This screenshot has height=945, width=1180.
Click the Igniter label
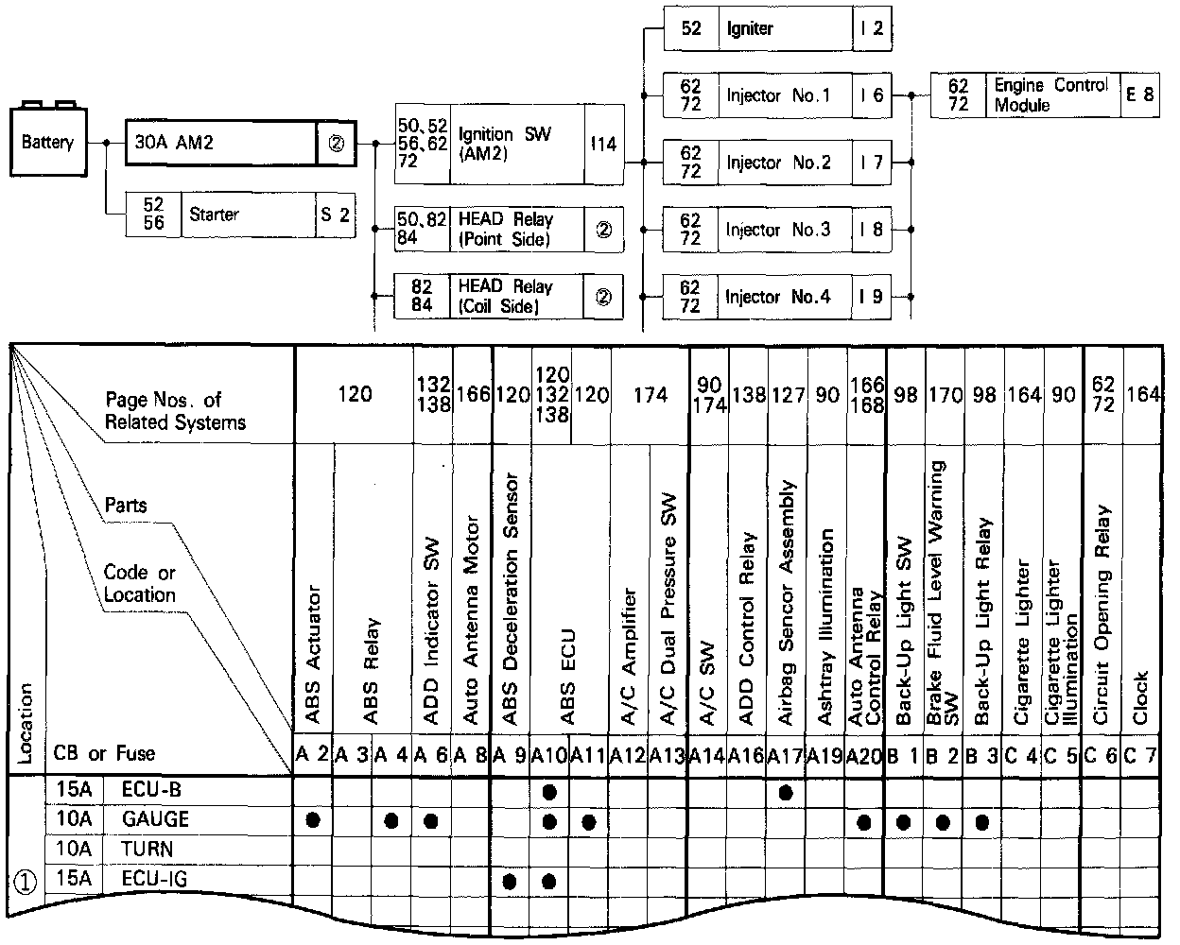coord(750,28)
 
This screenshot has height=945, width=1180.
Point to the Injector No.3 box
coord(777,230)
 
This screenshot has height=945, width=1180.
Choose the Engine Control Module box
coord(1045,95)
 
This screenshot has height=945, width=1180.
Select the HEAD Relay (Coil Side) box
coord(509,297)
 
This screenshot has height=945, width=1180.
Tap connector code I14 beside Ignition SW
coord(603,144)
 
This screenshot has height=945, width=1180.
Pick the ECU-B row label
coord(148,790)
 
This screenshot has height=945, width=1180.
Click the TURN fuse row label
coord(147,849)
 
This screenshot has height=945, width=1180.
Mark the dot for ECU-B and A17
coord(785,792)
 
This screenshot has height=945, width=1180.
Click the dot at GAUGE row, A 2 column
coord(313,820)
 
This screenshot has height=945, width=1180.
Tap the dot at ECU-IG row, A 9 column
coord(510,881)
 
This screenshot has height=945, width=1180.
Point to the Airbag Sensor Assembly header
coord(785,605)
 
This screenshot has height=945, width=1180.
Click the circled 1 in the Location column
coord(26,881)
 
